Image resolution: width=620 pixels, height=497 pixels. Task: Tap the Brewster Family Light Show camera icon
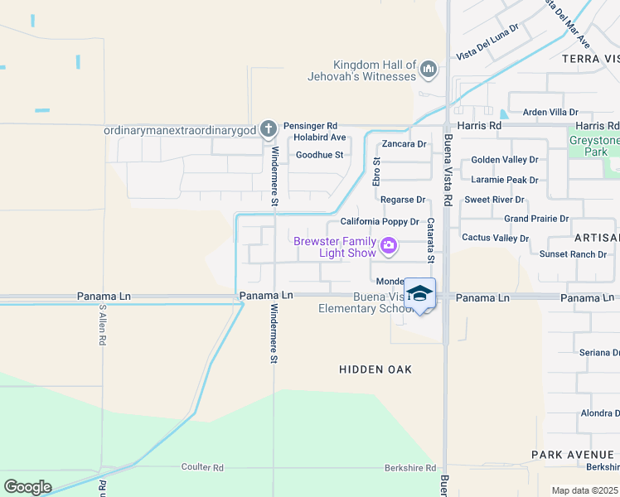(387, 246)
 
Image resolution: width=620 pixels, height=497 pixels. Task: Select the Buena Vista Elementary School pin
(419, 294)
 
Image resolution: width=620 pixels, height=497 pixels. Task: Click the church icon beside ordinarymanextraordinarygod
(268, 129)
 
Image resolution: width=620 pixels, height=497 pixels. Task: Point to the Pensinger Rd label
(310, 126)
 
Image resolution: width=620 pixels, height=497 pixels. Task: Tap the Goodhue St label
(319, 155)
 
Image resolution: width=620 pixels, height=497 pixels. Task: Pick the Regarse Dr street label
(402, 200)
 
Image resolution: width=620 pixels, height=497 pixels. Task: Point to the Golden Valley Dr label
(504, 160)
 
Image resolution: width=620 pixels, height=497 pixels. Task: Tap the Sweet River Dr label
(494, 200)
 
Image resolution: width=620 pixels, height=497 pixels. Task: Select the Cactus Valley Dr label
(495, 238)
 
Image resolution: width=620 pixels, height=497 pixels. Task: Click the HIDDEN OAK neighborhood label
(375, 369)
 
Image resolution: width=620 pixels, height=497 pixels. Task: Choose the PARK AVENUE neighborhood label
(573, 455)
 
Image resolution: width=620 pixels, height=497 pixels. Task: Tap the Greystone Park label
(594, 146)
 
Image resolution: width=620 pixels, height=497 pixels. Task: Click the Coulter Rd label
(202, 468)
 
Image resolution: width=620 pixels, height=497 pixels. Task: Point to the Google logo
(27, 487)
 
